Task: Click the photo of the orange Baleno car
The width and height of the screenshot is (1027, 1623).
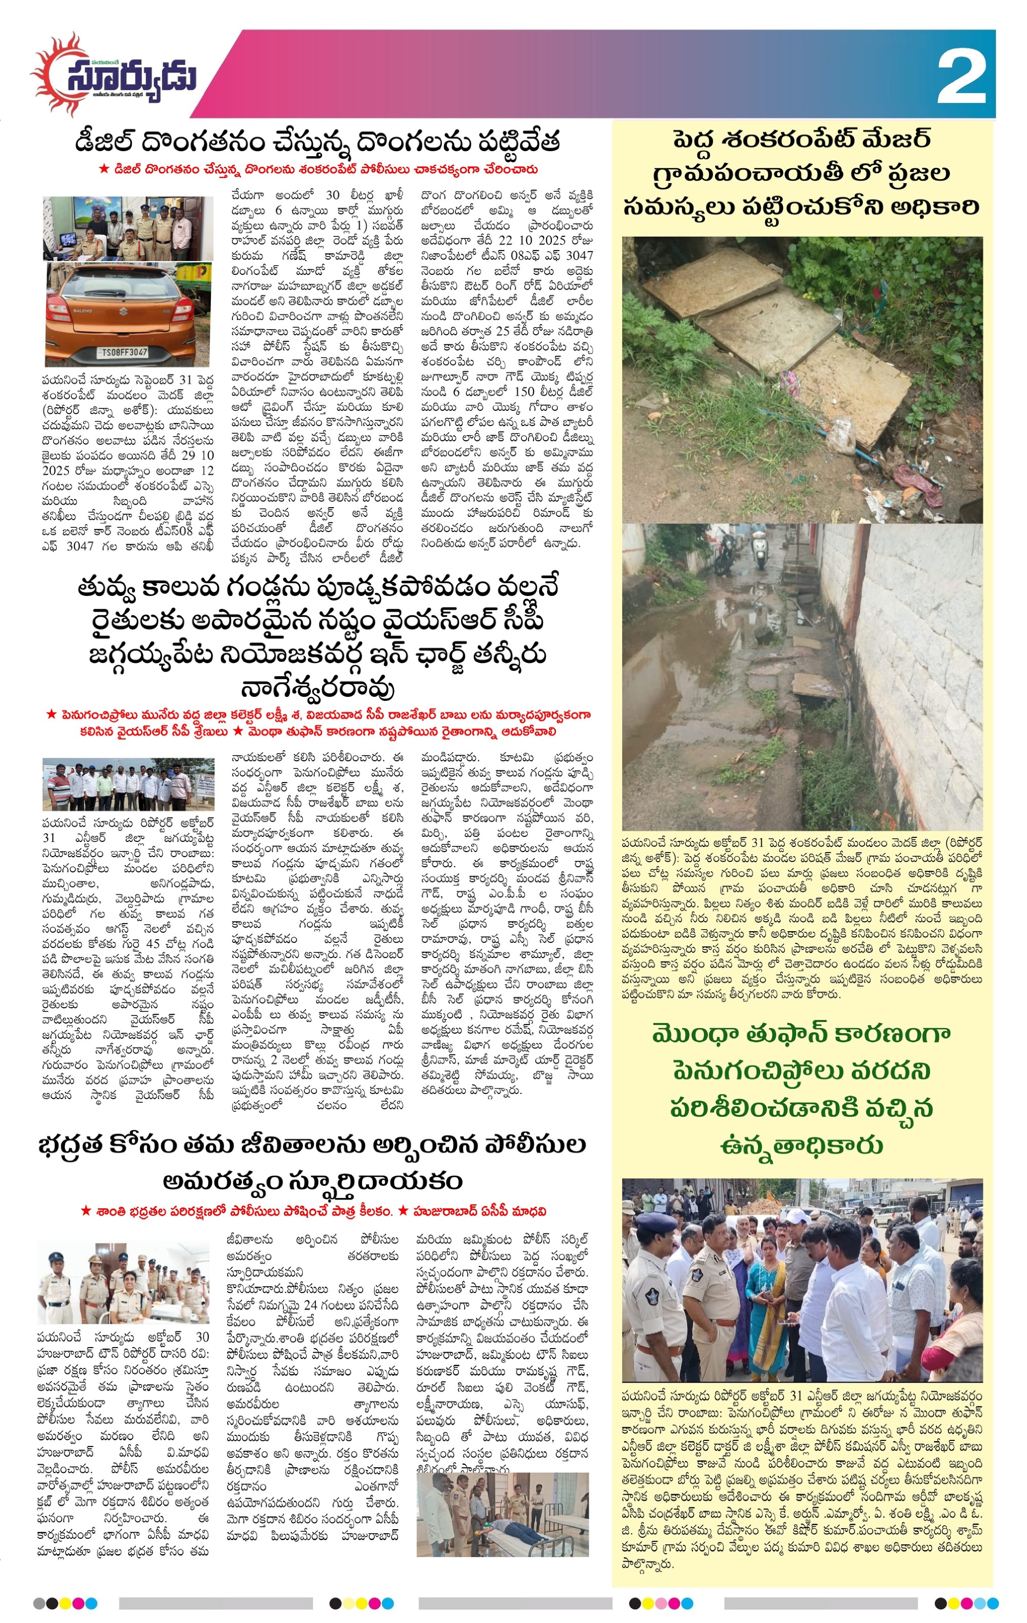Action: point(128,315)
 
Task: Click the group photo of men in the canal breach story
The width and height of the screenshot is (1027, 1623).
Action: point(128,784)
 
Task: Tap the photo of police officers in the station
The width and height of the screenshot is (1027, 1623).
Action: point(128,228)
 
